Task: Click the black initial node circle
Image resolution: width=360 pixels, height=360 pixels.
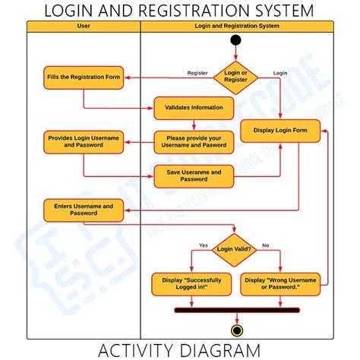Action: (235, 39)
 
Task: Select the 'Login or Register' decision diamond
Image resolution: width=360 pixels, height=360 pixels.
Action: (235, 77)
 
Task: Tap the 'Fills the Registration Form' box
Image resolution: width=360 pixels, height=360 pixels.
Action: (84, 77)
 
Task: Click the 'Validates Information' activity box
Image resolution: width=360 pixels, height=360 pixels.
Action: (194, 108)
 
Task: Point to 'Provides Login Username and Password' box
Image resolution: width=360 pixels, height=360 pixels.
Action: (84, 141)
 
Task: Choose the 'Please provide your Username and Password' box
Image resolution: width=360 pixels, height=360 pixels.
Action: (194, 141)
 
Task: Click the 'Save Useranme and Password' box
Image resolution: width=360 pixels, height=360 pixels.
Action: (194, 175)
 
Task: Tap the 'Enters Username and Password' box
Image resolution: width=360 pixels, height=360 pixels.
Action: (84, 210)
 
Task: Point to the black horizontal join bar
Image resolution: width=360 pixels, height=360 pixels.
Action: (237, 310)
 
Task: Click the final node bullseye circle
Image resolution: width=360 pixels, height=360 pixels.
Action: (237, 330)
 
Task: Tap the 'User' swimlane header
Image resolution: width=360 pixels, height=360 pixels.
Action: (84, 26)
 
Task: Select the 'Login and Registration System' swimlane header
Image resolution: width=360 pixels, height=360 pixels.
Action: (237, 26)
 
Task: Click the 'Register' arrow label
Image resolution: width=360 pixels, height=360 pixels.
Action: (198, 73)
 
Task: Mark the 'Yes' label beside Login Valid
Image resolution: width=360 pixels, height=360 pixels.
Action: (203, 245)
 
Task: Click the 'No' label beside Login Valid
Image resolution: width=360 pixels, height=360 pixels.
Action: (265, 245)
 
